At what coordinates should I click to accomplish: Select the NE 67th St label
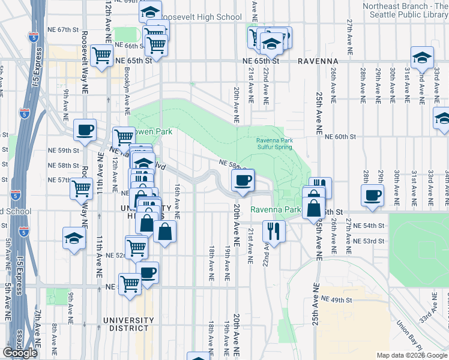[x=65, y=29]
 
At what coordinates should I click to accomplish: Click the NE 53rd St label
[x=369, y=241]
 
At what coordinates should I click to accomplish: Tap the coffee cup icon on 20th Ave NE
[x=243, y=180]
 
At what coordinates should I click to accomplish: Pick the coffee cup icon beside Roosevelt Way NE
[x=85, y=129]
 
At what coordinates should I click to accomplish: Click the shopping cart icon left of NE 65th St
[x=103, y=56]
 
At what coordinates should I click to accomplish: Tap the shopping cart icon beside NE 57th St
[x=81, y=188]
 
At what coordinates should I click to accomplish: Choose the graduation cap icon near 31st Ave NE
[x=423, y=58]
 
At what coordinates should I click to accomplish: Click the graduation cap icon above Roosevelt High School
[x=150, y=11]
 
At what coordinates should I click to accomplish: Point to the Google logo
[x=20, y=353]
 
